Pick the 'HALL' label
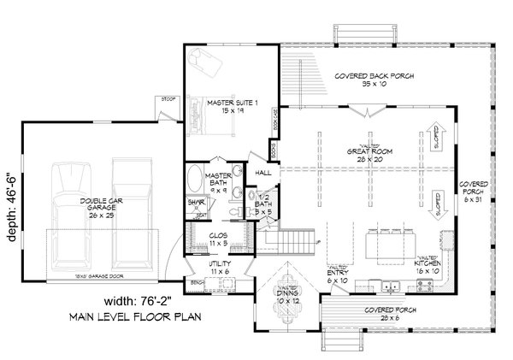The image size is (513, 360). [x=262, y=173]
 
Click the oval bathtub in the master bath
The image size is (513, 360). [x=194, y=180]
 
